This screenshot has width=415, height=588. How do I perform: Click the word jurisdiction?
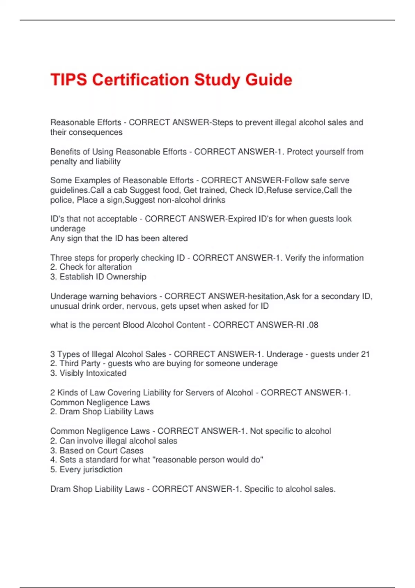point(103,470)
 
